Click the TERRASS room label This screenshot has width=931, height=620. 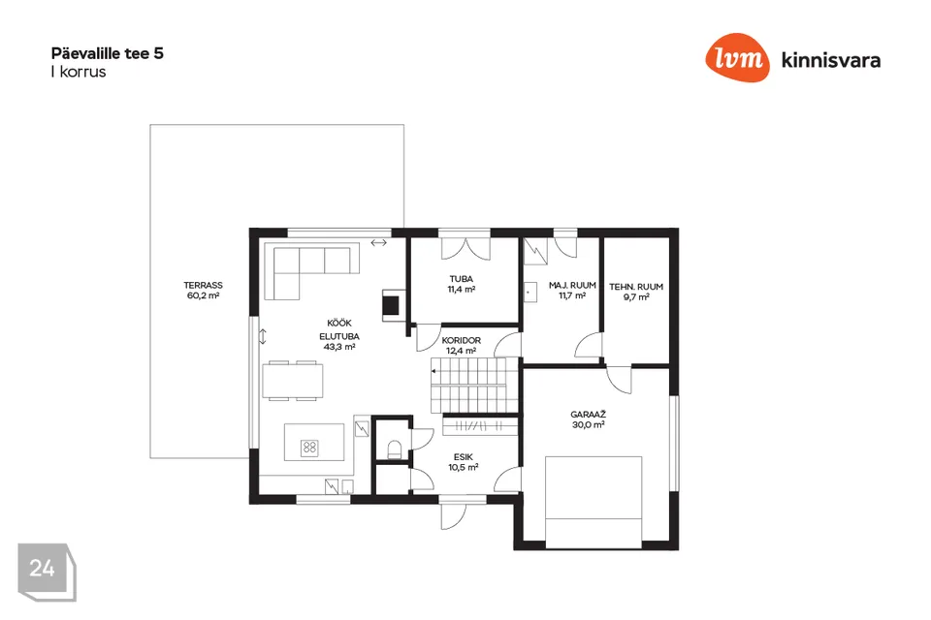click(203, 286)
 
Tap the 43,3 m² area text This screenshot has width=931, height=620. click(339, 347)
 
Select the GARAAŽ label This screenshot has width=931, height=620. click(588, 414)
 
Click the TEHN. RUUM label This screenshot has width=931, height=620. click(636, 287)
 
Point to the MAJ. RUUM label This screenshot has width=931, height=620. click(572, 286)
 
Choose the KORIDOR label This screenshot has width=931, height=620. click(462, 341)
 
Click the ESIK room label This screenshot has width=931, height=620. click(464, 457)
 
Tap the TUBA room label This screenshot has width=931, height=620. click(462, 279)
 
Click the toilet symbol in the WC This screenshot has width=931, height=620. click(395, 449)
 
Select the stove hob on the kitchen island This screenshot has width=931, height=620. click(309, 448)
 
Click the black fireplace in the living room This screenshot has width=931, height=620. click(391, 305)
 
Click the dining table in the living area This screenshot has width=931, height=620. click(293, 381)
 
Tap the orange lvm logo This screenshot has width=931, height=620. click(737, 57)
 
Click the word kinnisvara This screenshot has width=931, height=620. click(831, 60)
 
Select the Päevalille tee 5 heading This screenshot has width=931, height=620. click(108, 53)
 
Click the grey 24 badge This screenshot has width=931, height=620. click(47, 572)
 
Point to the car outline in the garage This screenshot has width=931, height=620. click(594, 502)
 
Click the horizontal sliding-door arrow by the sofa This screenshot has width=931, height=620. click(379, 242)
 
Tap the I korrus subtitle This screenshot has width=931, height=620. click(79, 72)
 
